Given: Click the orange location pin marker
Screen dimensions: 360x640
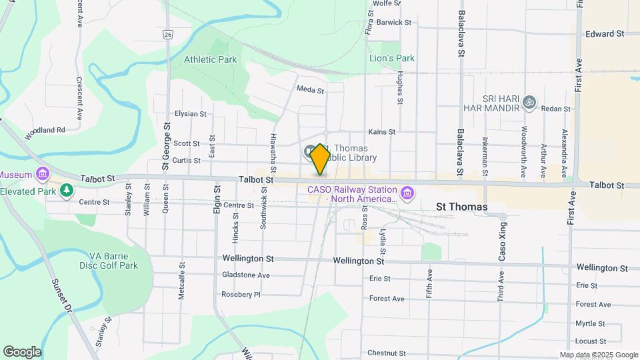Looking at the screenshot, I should point(320,159).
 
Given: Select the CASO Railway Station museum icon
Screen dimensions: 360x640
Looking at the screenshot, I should point(407,194).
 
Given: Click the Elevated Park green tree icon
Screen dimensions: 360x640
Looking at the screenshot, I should point(66,191).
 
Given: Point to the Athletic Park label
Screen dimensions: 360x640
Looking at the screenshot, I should point(210,59).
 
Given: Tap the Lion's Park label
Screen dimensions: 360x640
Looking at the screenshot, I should point(392,58).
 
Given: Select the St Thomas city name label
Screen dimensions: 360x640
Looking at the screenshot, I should point(461,207).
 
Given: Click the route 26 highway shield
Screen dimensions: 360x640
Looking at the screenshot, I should point(167,33).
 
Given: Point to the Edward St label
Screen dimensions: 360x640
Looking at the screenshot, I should point(604,33).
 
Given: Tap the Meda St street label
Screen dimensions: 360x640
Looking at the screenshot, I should point(310,89).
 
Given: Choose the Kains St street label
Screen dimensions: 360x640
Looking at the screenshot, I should point(382,132).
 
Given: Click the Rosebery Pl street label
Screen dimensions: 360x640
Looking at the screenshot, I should point(241,294).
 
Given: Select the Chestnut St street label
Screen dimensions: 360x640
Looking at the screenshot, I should point(387,353).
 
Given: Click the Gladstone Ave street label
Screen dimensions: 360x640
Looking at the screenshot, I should point(246,275).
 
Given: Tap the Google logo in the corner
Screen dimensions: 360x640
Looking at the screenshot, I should point(22,352).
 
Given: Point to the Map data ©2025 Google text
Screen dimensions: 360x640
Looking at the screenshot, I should point(599,355).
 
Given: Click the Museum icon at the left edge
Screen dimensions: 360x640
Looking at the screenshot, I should point(43,174).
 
